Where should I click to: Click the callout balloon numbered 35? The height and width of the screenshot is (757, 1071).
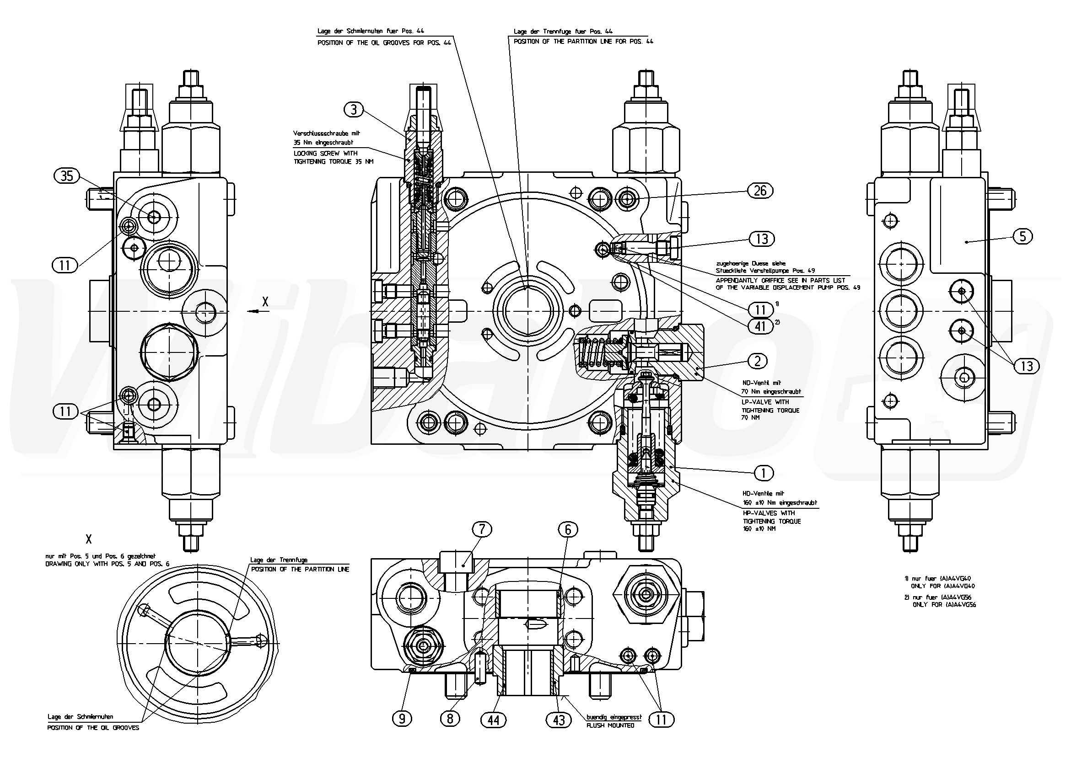pyautogui.click(x=67, y=176)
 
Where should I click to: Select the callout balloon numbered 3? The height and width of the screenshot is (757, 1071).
pyautogui.click(x=354, y=110)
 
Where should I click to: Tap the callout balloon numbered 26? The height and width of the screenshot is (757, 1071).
pyautogui.click(x=760, y=191)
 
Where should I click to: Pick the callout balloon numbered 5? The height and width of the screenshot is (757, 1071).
pyautogui.click(x=1023, y=236)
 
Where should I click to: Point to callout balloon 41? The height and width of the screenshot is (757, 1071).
pyautogui.click(x=760, y=326)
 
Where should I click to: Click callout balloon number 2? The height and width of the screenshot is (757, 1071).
pyautogui.click(x=757, y=361)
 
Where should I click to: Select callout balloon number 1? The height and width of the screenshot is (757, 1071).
pyautogui.click(x=763, y=474)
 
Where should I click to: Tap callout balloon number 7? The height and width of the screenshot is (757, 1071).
pyautogui.click(x=482, y=529)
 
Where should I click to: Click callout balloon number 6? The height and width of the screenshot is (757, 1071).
pyautogui.click(x=568, y=529)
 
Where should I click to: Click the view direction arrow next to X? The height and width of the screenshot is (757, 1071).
pyautogui.click(x=253, y=311)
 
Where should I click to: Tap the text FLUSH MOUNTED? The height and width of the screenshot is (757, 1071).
pyautogui.click(x=611, y=725)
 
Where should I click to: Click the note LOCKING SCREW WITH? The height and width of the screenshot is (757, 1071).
pyautogui.click(x=326, y=153)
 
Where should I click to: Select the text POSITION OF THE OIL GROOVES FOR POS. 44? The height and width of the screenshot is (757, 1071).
pyautogui.click(x=384, y=43)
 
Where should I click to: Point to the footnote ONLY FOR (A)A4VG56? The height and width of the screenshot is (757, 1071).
pyautogui.click(x=944, y=605)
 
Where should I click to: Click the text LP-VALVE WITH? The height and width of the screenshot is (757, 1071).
pyautogui.click(x=765, y=402)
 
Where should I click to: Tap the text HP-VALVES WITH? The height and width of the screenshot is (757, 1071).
pyautogui.click(x=767, y=513)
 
